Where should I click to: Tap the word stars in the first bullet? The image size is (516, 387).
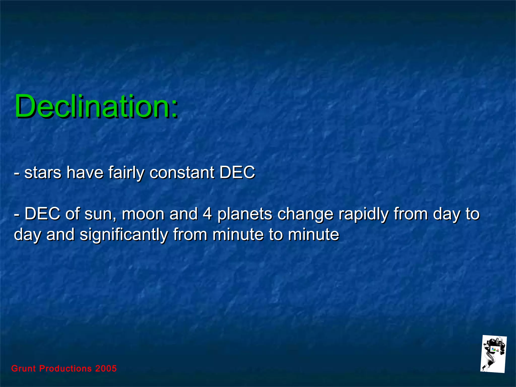[x=43, y=173]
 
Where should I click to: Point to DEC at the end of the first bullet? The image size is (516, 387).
[x=237, y=173]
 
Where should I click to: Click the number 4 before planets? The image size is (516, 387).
[x=207, y=214]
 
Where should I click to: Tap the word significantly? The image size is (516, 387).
[x=124, y=235]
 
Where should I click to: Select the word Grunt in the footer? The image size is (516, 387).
[x=23, y=369]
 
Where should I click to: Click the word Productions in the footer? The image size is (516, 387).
[x=66, y=369]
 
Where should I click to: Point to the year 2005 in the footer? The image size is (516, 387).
[x=106, y=369]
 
